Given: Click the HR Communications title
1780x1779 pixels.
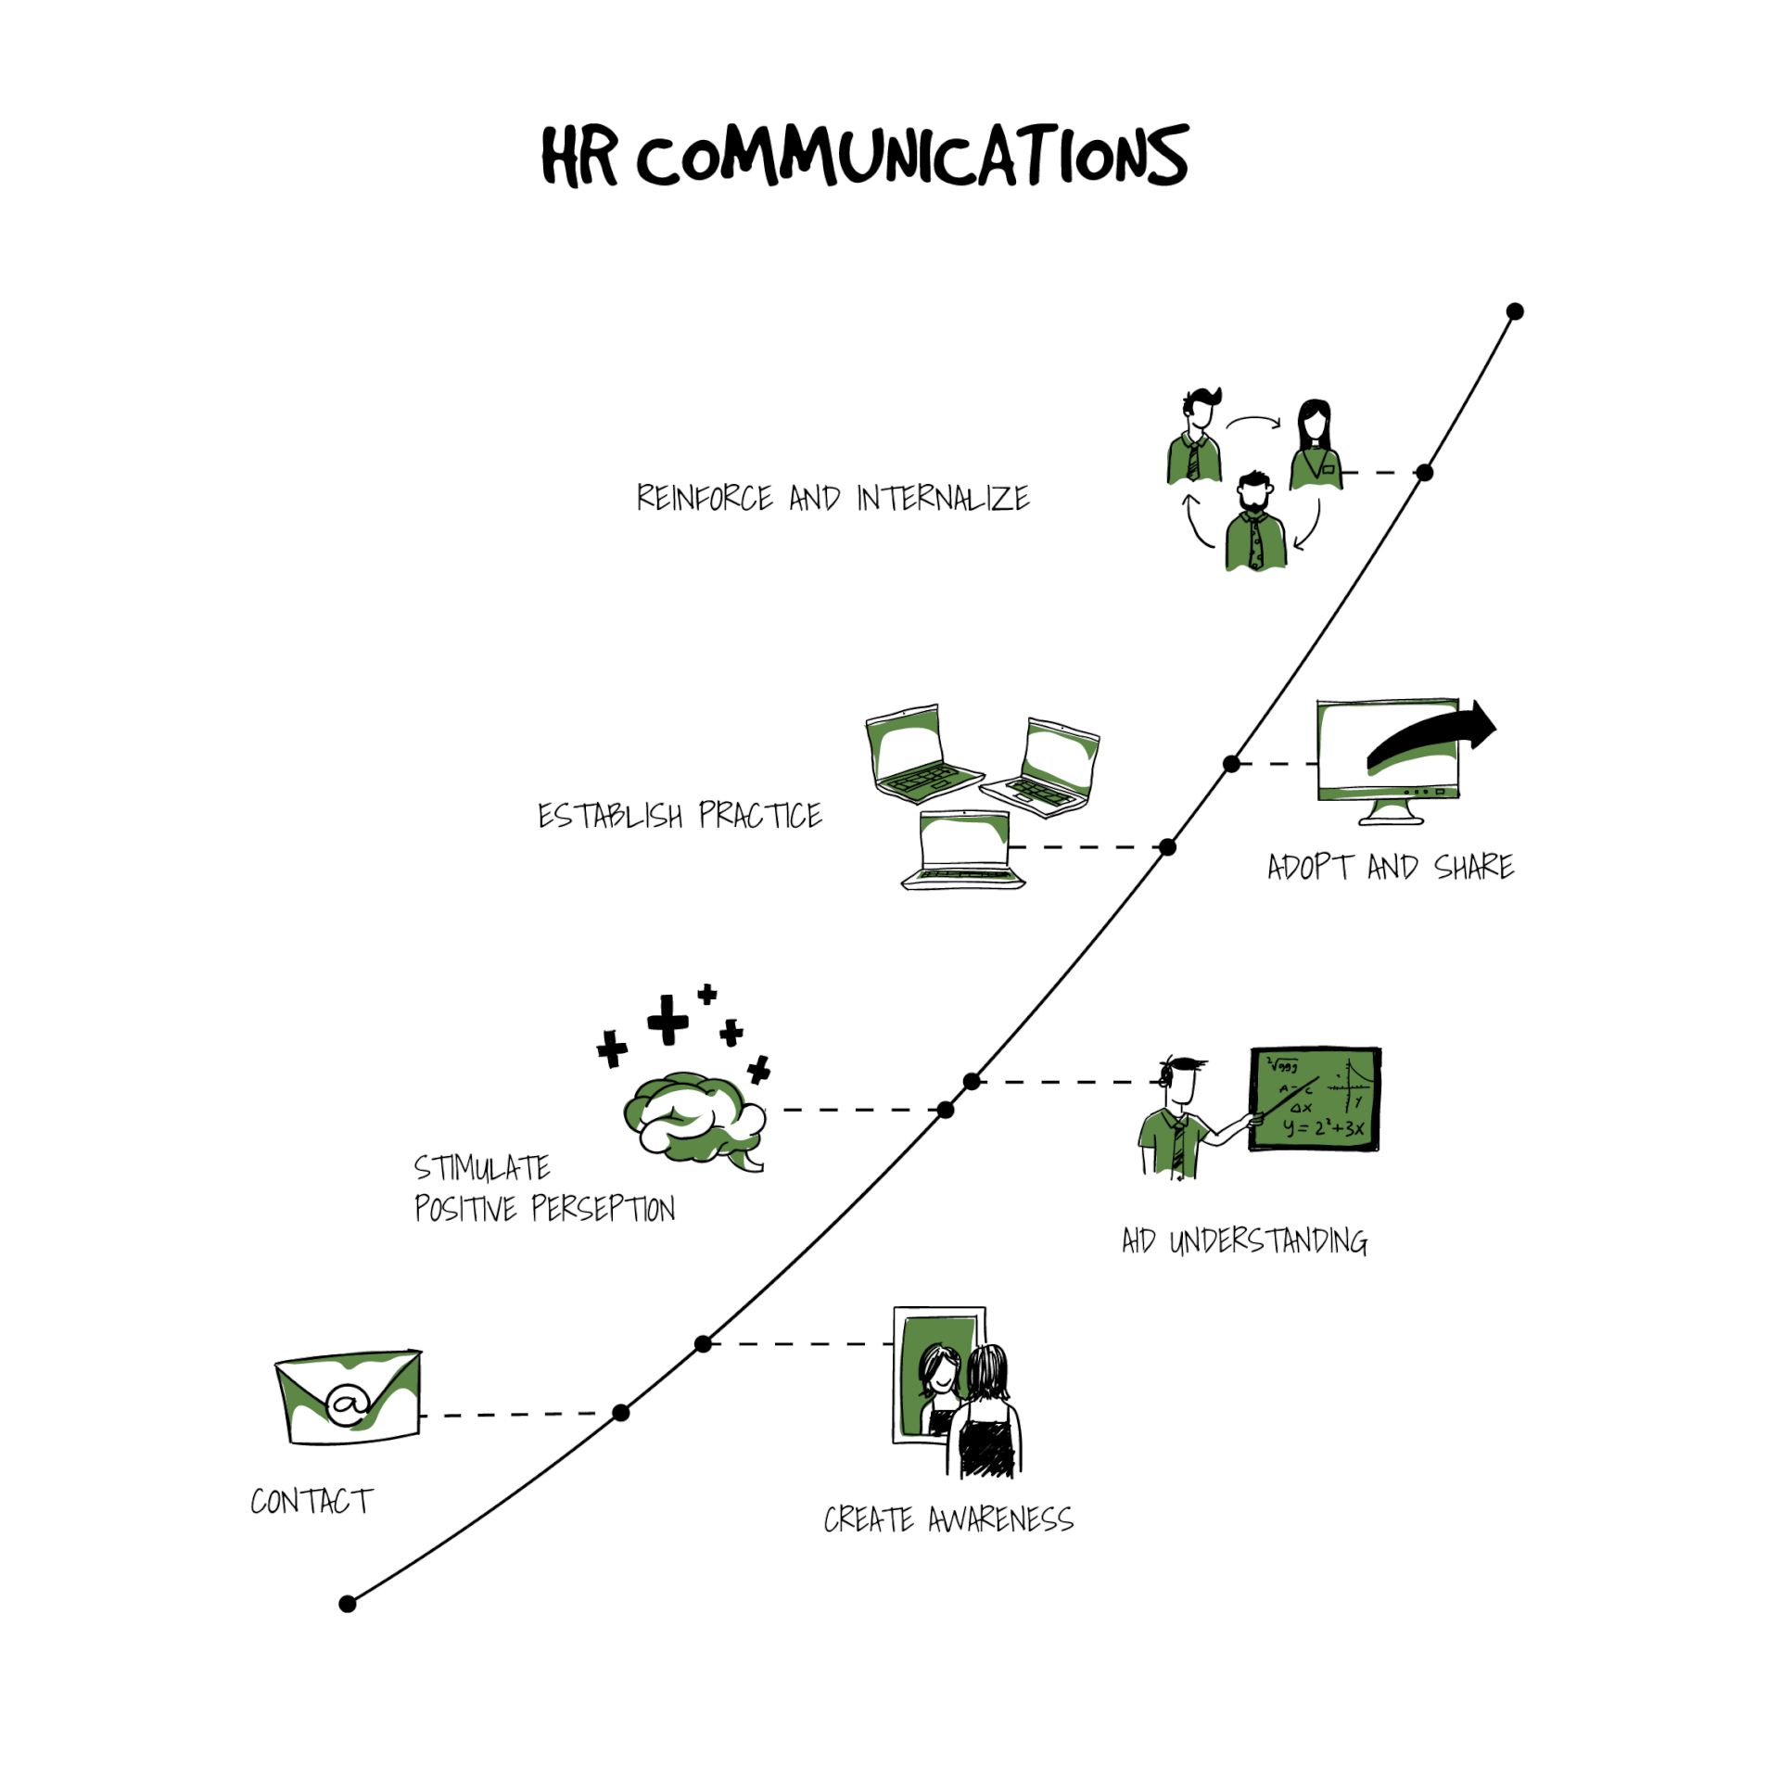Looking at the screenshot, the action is click(864, 155).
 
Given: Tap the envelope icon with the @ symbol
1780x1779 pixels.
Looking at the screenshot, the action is click(349, 1397).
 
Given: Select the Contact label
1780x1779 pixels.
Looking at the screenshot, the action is click(311, 1501).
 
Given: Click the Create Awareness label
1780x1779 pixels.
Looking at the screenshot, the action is click(948, 1519).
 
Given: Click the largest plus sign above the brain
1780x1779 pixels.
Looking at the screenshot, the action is click(667, 1020).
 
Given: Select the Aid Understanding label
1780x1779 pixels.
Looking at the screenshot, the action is click(1244, 1240).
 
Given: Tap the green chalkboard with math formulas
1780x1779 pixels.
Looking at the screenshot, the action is click(1315, 1099).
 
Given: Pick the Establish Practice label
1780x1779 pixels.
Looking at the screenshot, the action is click(680, 815).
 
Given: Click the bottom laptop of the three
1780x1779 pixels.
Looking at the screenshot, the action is click(964, 850).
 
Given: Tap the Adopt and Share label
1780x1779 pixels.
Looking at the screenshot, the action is click(1391, 867).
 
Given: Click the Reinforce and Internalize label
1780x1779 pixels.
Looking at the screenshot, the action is click(833, 498).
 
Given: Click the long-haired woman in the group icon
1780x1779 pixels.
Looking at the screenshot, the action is click(1316, 443).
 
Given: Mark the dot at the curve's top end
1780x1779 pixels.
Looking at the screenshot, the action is click(1515, 311).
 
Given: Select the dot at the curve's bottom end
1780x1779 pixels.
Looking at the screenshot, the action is click(348, 1604).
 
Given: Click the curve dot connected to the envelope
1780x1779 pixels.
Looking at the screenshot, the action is click(621, 1413).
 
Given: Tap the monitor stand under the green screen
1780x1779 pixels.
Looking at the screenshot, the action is click(1391, 813).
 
